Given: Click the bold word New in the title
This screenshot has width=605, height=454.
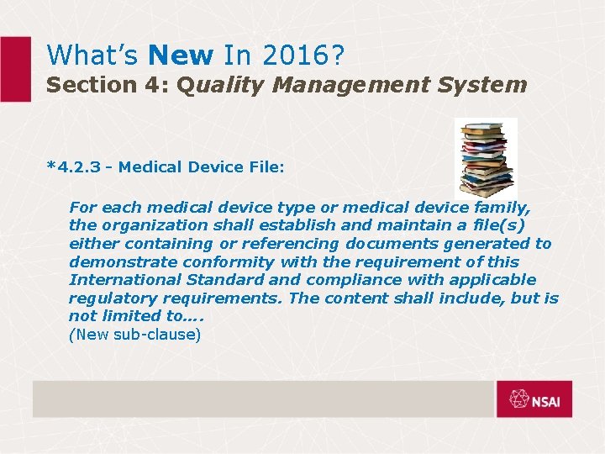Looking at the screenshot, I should pyautogui.click(x=181, y=55).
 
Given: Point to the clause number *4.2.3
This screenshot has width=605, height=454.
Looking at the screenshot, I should pyautogui.click(x=76, y=167).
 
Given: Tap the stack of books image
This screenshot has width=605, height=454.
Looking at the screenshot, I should pyautogui.click(x=485, y=157).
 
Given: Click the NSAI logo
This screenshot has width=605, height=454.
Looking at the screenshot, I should pyautogui.click(x=534, y=399).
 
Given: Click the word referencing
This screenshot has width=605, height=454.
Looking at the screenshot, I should pyautogui.click(x=280, y=244).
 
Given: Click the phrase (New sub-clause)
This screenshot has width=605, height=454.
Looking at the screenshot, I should pyautogui.click(x=134, y=335).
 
